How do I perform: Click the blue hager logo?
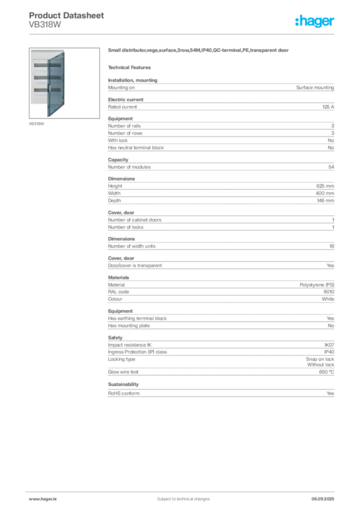315,21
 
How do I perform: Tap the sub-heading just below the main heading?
131,67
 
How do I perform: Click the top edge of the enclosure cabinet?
47,50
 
